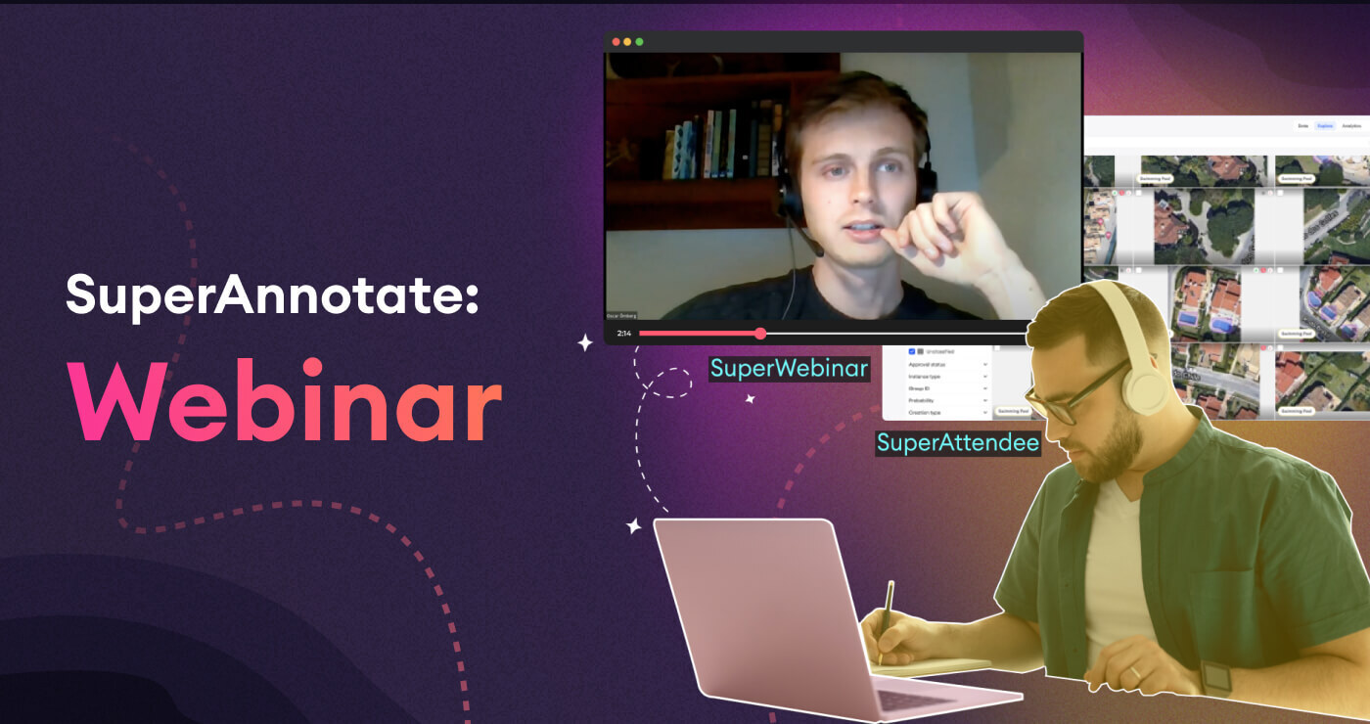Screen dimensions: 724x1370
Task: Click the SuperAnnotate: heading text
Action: tap(273, 294)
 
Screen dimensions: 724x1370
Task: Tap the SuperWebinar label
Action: tap(789, 369)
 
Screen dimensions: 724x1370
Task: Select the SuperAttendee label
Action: tap(957, 442)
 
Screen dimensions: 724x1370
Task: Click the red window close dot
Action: tap(616, 42)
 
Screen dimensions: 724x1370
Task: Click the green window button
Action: tap(640, 42)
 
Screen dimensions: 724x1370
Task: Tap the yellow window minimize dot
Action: tap(628, 42)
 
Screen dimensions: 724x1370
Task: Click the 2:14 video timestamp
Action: tap(623, 334)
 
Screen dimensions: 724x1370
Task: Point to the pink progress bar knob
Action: tap(760, 334)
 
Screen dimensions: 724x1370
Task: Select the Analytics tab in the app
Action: tap(1351, 126)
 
